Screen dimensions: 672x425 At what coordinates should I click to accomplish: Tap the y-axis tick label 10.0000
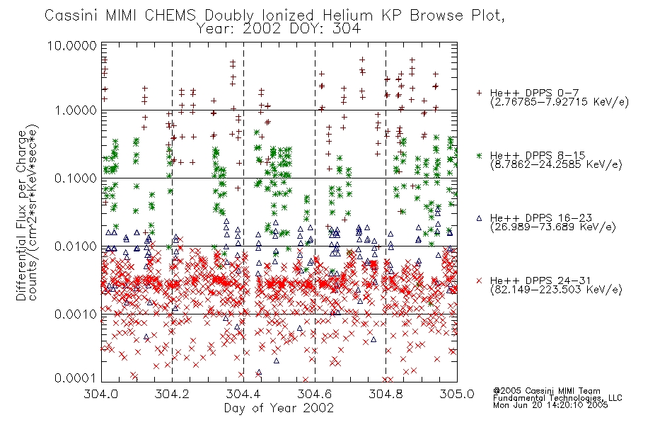coord(71,45)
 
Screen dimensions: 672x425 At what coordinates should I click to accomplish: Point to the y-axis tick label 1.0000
coord(76,110)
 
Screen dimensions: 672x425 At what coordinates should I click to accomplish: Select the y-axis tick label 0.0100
coord(76,246)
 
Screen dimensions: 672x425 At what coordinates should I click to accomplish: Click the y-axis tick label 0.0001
coord(76,378)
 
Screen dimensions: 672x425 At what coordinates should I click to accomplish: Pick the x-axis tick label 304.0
coord(101,394)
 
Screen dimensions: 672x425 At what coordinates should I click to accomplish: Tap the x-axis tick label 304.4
coord(243,394)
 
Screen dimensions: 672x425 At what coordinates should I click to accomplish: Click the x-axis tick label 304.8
coord(386,394)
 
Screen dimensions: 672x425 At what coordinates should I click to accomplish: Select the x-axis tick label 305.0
coord(457,394)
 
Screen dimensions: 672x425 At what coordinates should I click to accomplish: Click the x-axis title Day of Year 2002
coord(279,408)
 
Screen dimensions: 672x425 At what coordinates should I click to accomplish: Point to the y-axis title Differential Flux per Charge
coord(21,215)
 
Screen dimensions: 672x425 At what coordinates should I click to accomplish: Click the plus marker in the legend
coord(479,92)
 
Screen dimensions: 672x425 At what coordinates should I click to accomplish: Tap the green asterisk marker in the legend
coord(479,155)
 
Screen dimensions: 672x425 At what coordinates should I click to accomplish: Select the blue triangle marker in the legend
coord(479,218)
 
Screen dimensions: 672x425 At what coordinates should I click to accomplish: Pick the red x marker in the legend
coord(479,280)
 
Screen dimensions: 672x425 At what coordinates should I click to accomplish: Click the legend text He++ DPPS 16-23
coord(541,218)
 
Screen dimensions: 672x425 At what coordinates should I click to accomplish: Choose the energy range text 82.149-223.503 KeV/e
coord(556,290)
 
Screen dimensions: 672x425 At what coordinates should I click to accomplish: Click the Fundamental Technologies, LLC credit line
coord(557,398)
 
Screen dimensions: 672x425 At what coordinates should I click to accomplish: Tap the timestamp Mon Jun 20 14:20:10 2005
coord(550,405)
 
